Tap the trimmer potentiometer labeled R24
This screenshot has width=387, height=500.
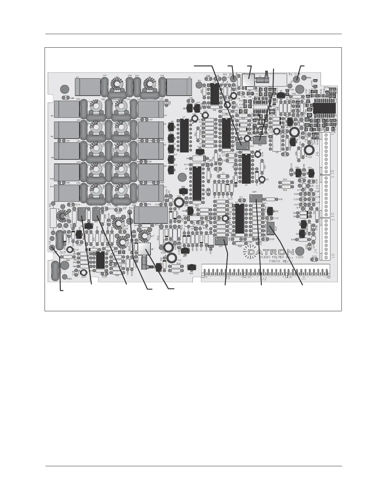pyautogui.click(x=256, y=198)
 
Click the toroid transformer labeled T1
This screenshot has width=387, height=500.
pyautogui.click(x=63, y=217)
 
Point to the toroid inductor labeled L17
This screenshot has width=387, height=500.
pyautogui.click(x=145, y=235)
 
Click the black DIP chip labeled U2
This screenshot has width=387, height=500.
pyautogui.click(x=246, y=166)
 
